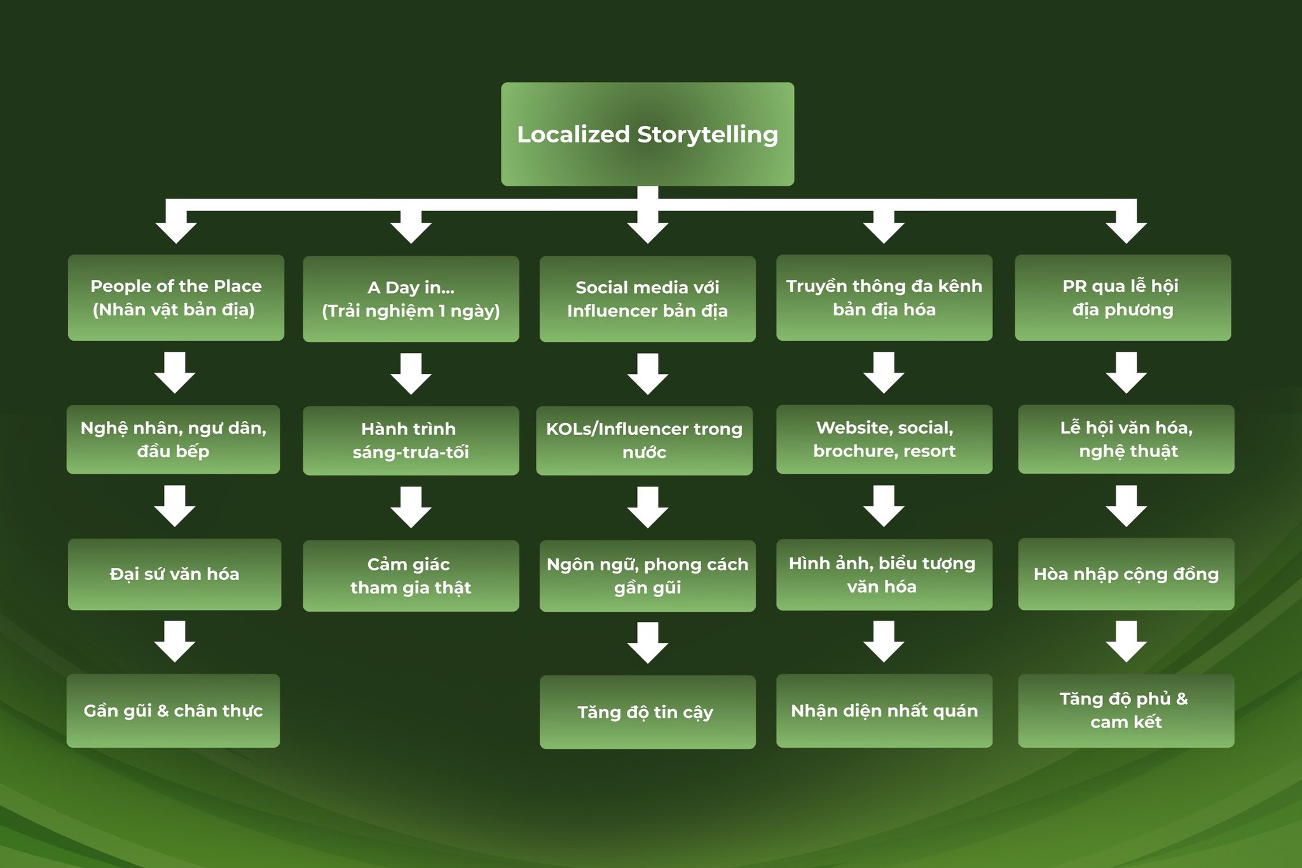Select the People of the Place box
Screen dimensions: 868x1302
tap(175, 298)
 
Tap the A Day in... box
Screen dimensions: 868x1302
tap(411, 299)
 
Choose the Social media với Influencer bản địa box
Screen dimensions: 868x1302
tap(647, 299)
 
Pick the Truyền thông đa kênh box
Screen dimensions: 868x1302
tap(884, 298)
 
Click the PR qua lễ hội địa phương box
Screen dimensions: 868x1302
tap(1123, 298)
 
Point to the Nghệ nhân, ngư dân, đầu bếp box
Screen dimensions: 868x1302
tap(173, 439)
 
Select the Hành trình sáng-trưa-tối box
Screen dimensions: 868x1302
tap(411, 441)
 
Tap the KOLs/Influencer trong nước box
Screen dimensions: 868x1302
tap(644, 441)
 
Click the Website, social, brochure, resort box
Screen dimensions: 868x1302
tap(884, 439)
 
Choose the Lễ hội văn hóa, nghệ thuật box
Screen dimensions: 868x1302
tap(1126, 439)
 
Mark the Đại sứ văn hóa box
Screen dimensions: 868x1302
tap(174, 574)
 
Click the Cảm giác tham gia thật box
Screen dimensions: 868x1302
tap(411, 575)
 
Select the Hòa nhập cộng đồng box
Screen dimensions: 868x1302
tap(1126, 574)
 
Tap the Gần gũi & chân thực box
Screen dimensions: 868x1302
tap(173, 710)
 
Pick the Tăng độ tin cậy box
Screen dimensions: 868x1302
tap(647, 712)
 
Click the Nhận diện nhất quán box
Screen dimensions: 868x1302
tap(884, 710)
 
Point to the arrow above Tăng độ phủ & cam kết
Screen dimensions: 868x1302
tap(1126, 641)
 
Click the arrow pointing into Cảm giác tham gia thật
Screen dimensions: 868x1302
tap(411, 507)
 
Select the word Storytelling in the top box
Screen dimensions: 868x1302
tap(707, 134)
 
